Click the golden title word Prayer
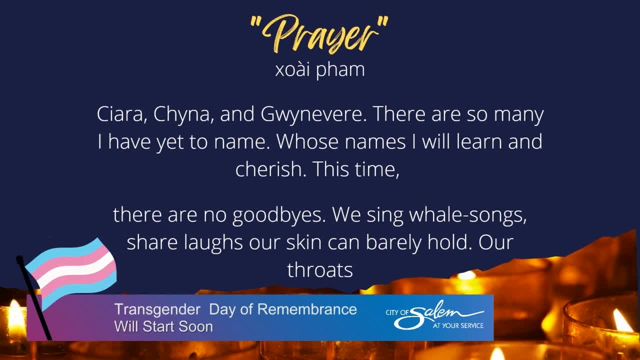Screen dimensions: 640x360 coord(319,34)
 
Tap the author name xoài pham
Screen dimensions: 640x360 coord(320,69)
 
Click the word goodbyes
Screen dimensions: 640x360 coord(279,215)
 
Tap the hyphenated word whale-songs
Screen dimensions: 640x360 coord(468,215)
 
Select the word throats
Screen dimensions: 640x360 coord(320,269)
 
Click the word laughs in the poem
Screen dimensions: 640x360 coord(213,242)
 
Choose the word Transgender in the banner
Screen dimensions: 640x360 coord(157,309)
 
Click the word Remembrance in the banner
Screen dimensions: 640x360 coord(307,309)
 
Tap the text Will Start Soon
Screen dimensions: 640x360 coord(163,326)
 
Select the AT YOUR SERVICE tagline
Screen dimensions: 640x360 coord(458,325)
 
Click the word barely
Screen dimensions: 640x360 coord(393,242)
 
